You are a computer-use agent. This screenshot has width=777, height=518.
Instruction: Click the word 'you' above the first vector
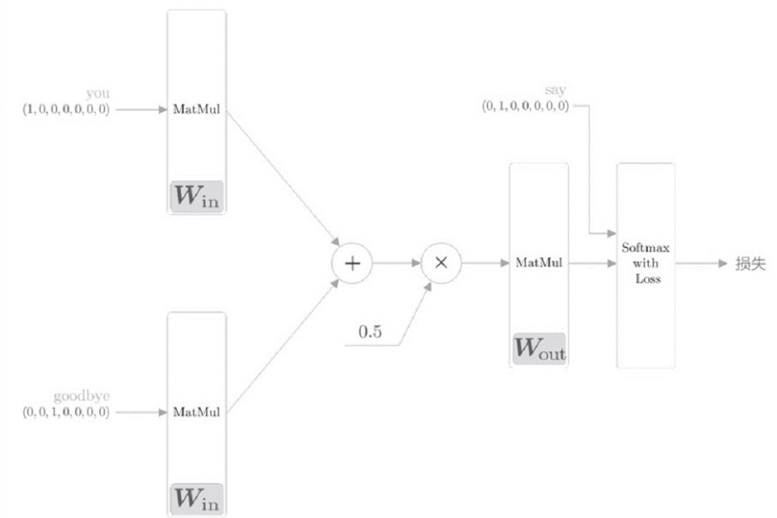pos(97,93)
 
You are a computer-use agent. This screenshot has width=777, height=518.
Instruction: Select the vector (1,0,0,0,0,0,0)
pos(66,109)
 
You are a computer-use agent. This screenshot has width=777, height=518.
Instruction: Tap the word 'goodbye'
pos(81,396)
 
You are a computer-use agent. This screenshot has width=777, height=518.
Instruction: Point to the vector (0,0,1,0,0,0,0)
pos(66,413)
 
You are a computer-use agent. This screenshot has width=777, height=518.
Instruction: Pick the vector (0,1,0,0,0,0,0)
pos(526,107)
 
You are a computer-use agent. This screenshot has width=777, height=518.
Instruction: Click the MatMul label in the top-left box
pos(196,109)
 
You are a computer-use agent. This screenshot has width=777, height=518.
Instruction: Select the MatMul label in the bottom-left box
pos(196,413)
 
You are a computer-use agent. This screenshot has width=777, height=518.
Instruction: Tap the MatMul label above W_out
pos(538,263)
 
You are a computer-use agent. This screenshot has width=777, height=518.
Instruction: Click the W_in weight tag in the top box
pos(196,197)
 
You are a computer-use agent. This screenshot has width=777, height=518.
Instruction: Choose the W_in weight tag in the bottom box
pos(196,499)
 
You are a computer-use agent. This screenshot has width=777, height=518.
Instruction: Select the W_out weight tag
pos(539,349)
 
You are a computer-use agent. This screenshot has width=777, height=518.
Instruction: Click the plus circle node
pos(352,263)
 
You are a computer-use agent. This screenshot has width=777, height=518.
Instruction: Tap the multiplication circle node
pos(441,263)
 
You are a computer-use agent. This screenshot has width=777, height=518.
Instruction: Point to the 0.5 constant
pos(369,331)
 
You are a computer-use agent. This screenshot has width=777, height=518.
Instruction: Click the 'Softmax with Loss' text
pos(644,263)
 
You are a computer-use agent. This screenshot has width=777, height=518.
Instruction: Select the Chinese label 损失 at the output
pos(751,263)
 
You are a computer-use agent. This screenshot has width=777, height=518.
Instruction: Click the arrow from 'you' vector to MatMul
pos(141,109)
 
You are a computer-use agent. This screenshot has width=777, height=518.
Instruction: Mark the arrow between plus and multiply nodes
pos(396,263)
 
